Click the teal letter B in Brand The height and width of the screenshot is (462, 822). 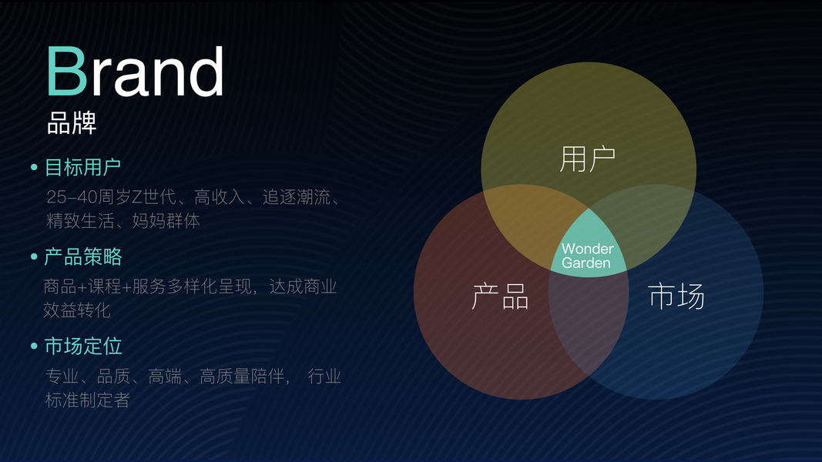pyautogui.click(x=66, y=71)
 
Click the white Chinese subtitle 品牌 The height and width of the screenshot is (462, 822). pyautogui.click(x=72, y=123)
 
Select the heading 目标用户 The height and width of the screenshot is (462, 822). pyautogui.click(x=83, y=168)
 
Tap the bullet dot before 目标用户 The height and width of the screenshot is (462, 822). pyautogui.click(x=34, y=168)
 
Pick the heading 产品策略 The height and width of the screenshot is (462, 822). pyautogui.click(x=83, y=256)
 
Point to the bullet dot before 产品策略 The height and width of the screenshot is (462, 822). pyautogui.click(x=34, y=256)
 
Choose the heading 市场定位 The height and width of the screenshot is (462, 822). pyautogui.click(x=83, y=346)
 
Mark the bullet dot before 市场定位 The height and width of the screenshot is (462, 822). pyautogui.click(x=34, y=346)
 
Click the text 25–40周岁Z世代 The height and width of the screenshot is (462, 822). pyautogui.click(x=111, y=197)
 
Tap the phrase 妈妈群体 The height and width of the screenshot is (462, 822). pyautogui.click(x=166, y=220)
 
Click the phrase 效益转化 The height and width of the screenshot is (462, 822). pyautogui.click(x=76, y=310)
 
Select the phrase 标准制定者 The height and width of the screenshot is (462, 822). pyautogui.click(x=88, y=400)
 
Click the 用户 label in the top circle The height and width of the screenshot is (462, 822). pyautogui.click(x=588, y=159)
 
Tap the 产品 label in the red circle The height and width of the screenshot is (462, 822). pyautogui.click(x=500, y=296)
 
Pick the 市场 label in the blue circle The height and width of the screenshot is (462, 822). pyautogui.click(x=676, y=296)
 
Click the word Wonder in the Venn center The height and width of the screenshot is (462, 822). pyautogui.click(x=588, y=249)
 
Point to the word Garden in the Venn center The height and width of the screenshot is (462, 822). pyautogui.click(x=586, y=263)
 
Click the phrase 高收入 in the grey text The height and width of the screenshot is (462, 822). pyautogui.click(x=220, y=197)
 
